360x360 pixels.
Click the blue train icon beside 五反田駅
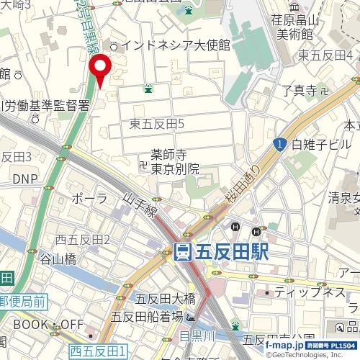click(x=183, y=251)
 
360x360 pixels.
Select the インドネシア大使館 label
click(x=175, y=45)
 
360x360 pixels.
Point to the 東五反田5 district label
click(x=158, y=125)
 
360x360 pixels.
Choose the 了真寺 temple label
click(x=299, y=91)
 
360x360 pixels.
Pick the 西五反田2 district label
click(x=84, y=239)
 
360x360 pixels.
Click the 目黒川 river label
click(x=194, y=335)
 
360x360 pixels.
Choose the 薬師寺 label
click(x=168, y=155)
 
